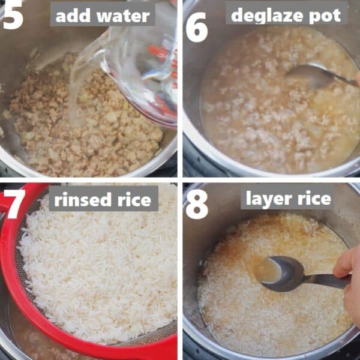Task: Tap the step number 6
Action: point(196,27)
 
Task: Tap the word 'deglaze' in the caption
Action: point(266,14)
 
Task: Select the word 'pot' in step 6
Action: point(325,15)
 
